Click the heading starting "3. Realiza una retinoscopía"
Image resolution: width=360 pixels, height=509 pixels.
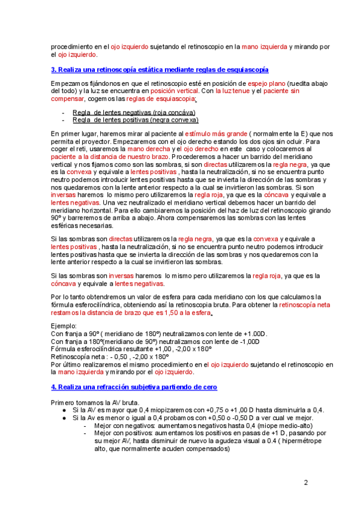point(160,70)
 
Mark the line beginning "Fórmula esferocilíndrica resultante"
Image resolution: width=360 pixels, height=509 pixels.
point(131,348)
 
